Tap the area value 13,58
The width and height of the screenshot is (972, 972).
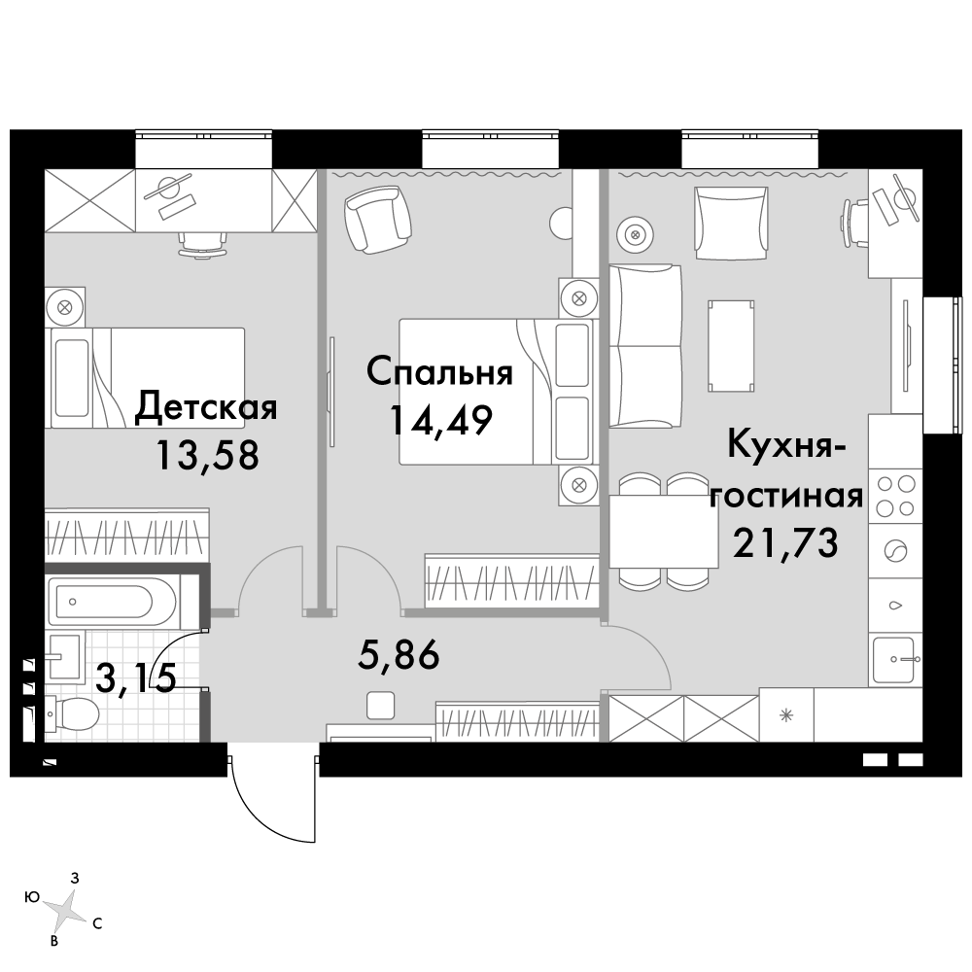tap(207, 456)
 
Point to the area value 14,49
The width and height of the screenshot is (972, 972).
tap(440, 421)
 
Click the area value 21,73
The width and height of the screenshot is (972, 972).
tap(785, 542)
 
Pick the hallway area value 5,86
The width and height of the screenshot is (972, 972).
tap(399, 654)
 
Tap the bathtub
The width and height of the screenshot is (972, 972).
tap(104, 602)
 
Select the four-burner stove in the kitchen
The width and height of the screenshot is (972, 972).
tap(895, 496)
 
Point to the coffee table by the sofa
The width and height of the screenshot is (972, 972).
tap(732, 346)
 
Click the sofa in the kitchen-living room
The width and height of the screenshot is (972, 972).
tap(645, 347)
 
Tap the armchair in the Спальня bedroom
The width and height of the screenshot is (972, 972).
tap(377, 220)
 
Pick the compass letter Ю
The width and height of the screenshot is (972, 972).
tap(32, 897)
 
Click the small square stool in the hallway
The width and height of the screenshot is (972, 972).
tap(380, 706)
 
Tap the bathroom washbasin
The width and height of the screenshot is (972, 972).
tap(63, 658)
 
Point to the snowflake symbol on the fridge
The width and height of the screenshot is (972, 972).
tap(786, 715)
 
